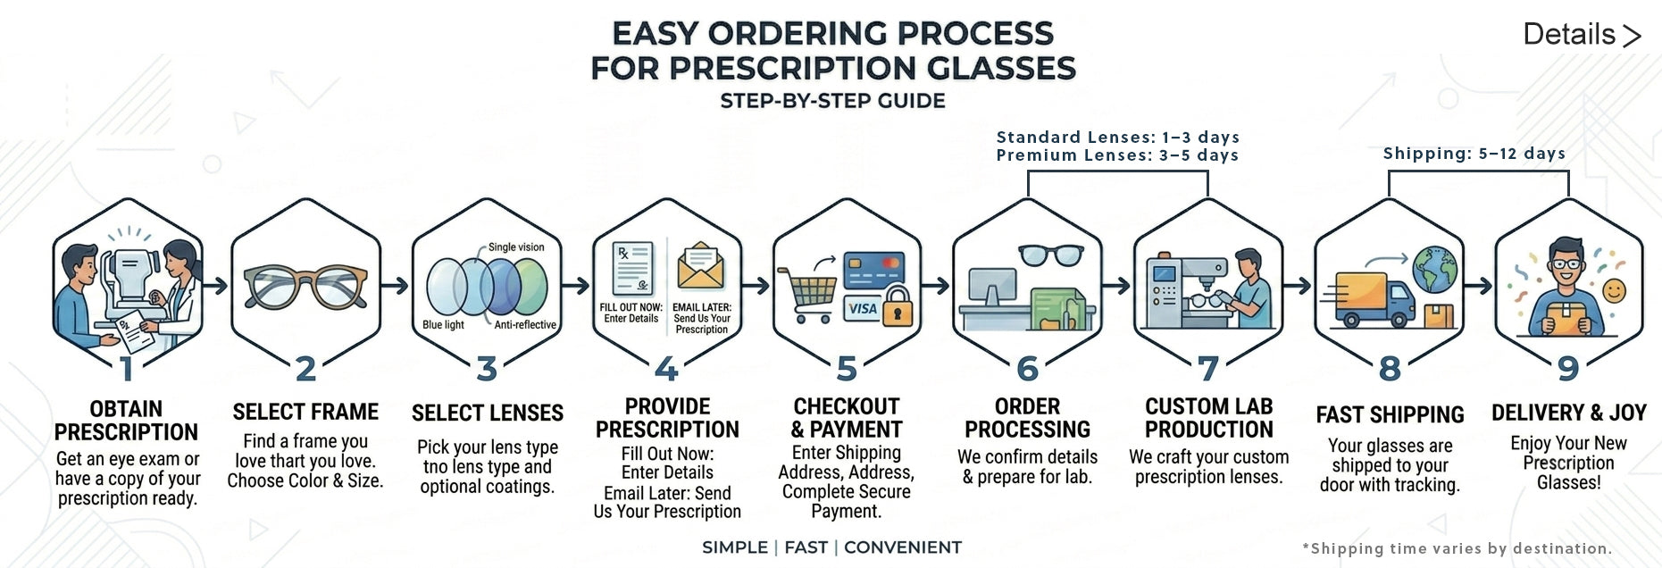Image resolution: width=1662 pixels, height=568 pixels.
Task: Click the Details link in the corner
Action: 1582,35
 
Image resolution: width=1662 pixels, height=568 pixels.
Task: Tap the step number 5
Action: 847,368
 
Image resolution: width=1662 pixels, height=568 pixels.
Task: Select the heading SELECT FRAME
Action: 305,412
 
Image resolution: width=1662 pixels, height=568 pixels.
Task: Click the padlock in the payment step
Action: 898,306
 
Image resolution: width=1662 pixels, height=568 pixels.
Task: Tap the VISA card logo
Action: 862,309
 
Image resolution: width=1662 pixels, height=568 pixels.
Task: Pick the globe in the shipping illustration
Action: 1434,269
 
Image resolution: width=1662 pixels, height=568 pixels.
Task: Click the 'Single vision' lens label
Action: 516,247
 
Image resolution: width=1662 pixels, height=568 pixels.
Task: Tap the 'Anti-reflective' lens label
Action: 525,325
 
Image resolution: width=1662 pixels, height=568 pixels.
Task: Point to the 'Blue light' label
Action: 443,325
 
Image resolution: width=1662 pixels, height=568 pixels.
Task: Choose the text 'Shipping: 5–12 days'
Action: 1474,153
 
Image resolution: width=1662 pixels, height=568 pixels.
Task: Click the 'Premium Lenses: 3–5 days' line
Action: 1117,155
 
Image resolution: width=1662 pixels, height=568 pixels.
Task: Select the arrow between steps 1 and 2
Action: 215,286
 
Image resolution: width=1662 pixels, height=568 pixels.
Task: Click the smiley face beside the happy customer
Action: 1614,290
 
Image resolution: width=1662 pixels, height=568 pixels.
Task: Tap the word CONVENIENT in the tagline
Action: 902,547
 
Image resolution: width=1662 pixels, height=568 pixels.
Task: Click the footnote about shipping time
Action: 1457,548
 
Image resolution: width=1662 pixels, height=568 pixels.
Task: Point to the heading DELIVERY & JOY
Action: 1568,413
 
